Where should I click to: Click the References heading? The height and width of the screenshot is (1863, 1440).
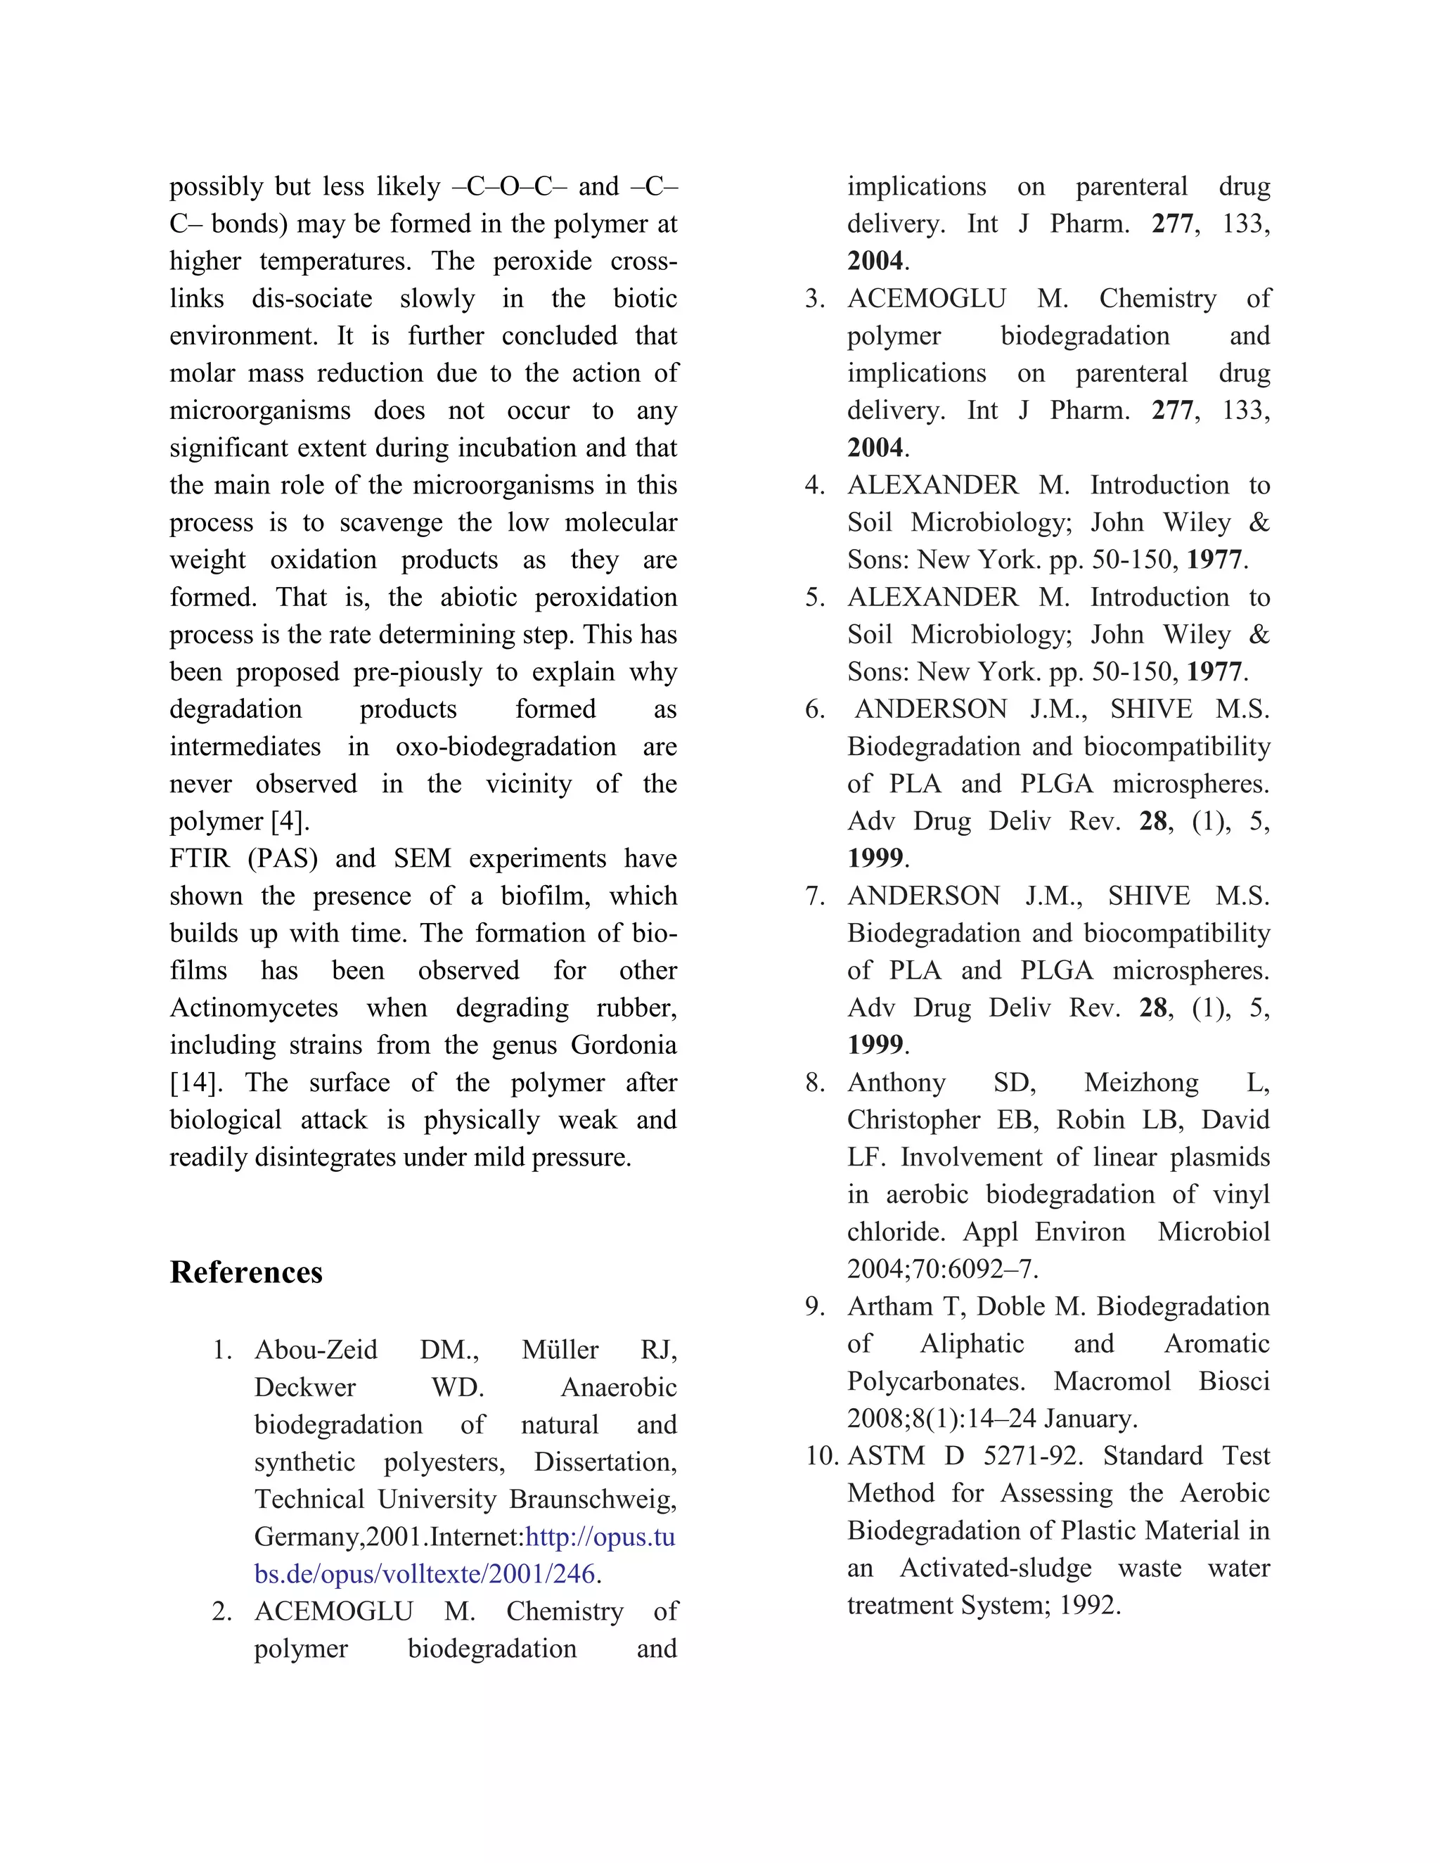[245, 1272]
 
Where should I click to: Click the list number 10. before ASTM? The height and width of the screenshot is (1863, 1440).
[823, 1456]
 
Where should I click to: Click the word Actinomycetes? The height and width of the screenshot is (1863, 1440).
[253, 1008]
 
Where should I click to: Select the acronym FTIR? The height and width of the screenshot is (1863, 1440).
[200, 859]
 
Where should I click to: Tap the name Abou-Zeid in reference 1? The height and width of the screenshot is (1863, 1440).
[316, 1350]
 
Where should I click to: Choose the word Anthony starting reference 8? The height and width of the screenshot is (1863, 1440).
[896, 1083]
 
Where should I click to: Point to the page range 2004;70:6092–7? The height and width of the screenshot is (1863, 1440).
[941, 1269]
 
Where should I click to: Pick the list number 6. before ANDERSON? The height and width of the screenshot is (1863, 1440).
[815, 710]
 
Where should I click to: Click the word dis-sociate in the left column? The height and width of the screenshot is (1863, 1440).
[311, 299]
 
